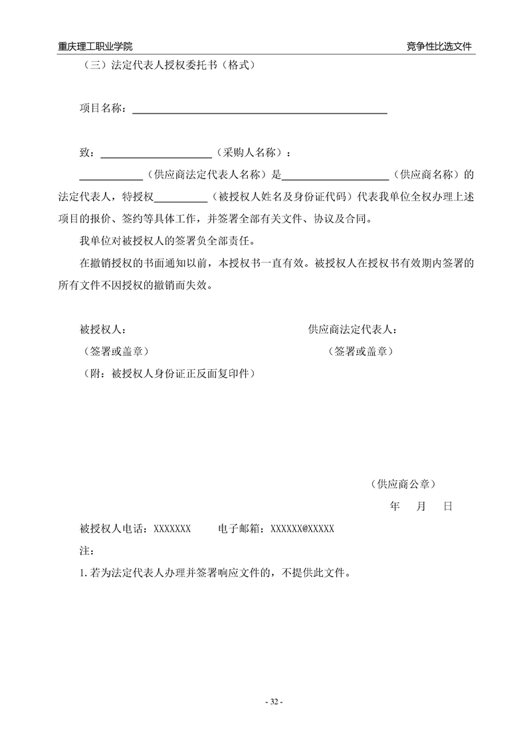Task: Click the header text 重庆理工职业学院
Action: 95,46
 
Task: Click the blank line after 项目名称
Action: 260,110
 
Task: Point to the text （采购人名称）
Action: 250,153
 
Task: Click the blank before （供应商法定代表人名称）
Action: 111,176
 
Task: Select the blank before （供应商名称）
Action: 336,176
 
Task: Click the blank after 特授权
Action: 181,198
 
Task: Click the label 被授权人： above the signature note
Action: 103,329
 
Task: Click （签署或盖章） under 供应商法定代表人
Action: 360,351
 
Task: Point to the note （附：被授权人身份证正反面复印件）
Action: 167,373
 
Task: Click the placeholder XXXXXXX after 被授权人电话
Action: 173,529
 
